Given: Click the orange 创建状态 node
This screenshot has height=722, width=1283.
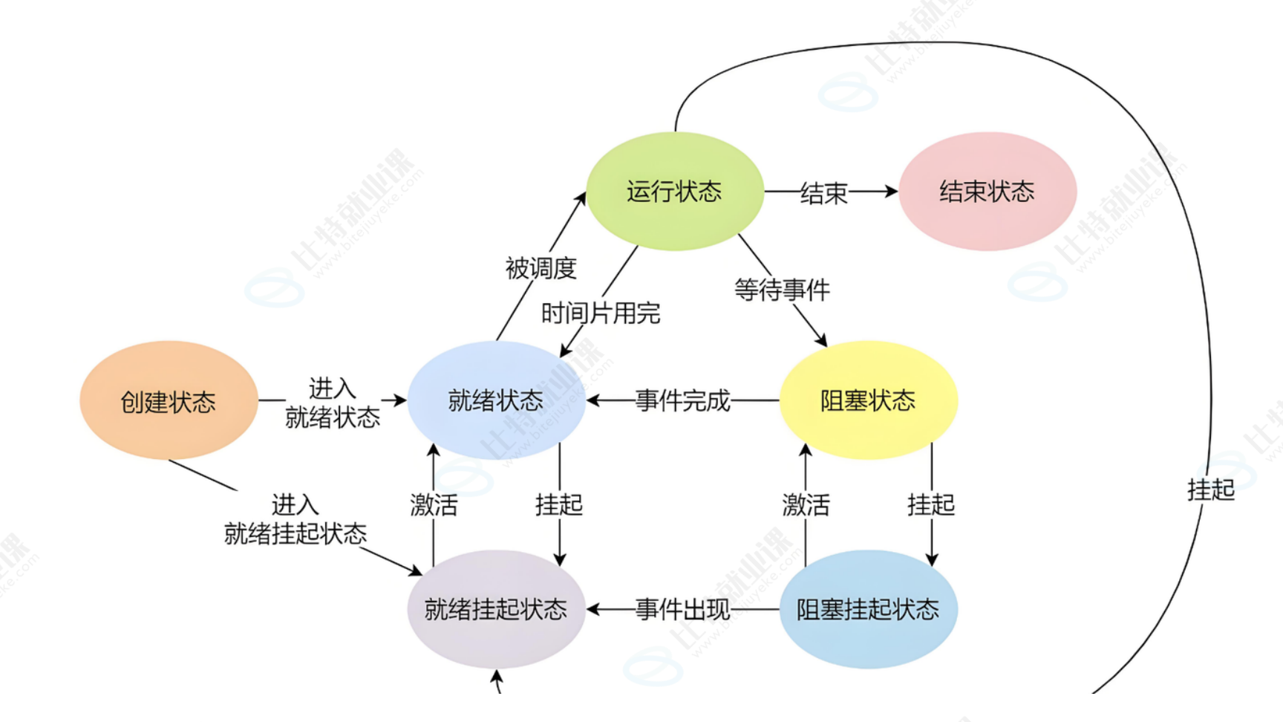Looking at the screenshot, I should click(169, 401).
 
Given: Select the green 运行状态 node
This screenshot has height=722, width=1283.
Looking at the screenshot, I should click(674, 192).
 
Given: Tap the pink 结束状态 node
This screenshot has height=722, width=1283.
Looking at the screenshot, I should click(987, 192).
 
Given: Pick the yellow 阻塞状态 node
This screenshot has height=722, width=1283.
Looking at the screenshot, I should click(868, 401).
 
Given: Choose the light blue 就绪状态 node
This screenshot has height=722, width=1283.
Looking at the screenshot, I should click(495, 401).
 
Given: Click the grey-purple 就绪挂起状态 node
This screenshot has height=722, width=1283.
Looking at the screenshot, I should click(495, 609).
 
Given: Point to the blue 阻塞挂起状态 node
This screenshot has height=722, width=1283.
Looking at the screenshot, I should click(868, 609).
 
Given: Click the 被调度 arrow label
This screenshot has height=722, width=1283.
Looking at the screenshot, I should click(541, 268).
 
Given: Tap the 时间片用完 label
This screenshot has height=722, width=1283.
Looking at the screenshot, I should click(600, 313).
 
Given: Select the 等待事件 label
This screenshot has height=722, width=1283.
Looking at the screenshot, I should click(782, 290).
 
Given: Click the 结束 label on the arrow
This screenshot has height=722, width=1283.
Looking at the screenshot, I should click(823, 194).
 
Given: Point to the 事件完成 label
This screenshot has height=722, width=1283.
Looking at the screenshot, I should click(682, 401).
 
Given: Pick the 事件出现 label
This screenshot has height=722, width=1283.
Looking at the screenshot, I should click(682, 610).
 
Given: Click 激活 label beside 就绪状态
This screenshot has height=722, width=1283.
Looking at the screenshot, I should click(434, 505).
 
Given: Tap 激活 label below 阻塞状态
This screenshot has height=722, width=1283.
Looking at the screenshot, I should click(806, 505).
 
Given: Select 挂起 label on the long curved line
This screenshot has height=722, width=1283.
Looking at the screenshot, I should click(1210, 490).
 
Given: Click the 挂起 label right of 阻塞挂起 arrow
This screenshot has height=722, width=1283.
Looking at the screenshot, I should click(930, 505).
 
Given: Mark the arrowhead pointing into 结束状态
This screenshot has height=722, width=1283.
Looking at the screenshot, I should click(890, 192).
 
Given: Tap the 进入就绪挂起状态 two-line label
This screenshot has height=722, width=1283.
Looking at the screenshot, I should click(295, 519).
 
